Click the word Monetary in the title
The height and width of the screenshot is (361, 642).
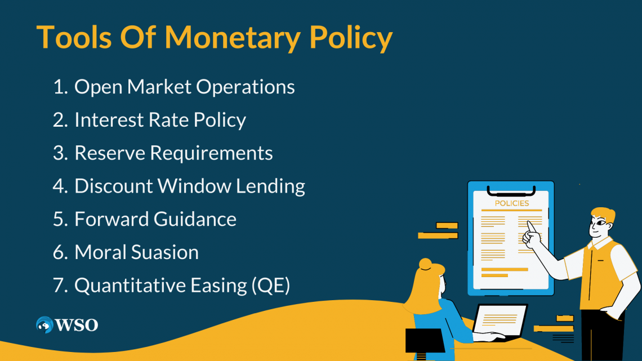pos(232,38)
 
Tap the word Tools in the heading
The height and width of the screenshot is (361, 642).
pos(74,37)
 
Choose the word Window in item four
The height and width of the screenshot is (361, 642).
pos(194,186)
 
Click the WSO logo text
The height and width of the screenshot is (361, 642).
pos(77,326)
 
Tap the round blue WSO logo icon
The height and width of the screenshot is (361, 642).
pos(44,325)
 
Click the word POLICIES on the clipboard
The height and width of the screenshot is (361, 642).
pos(512,203)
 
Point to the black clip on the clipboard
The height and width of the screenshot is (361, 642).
pos(511,191)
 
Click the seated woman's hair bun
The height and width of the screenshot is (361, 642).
pos(425,264)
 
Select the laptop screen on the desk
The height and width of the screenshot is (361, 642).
pos(499,320)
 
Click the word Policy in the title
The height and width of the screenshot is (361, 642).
pos(351,38)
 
